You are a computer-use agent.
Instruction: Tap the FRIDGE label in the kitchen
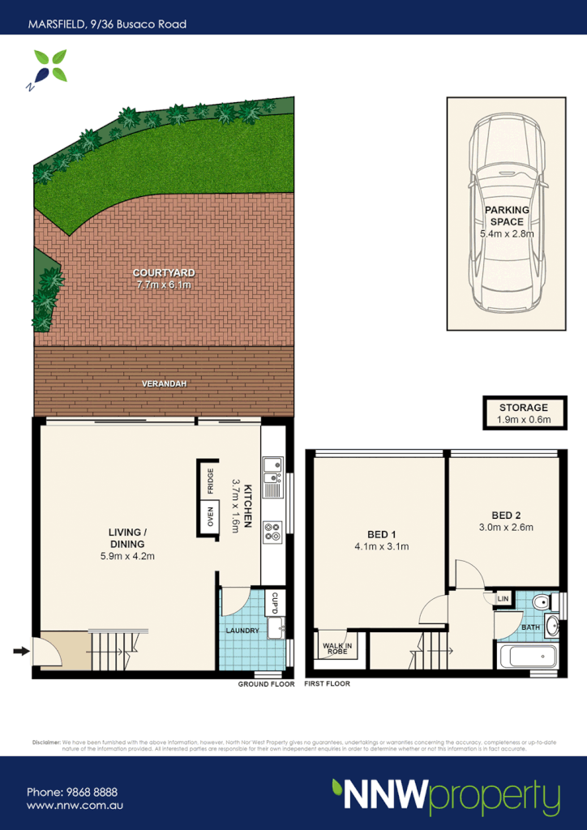[211, 481]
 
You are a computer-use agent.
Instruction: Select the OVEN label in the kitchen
[211, 517]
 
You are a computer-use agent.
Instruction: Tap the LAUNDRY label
[243, 631]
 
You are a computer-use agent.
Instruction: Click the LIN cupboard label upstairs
[503, 598]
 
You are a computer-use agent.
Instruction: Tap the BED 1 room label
[381, 533]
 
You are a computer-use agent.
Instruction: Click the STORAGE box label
[523, 408]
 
